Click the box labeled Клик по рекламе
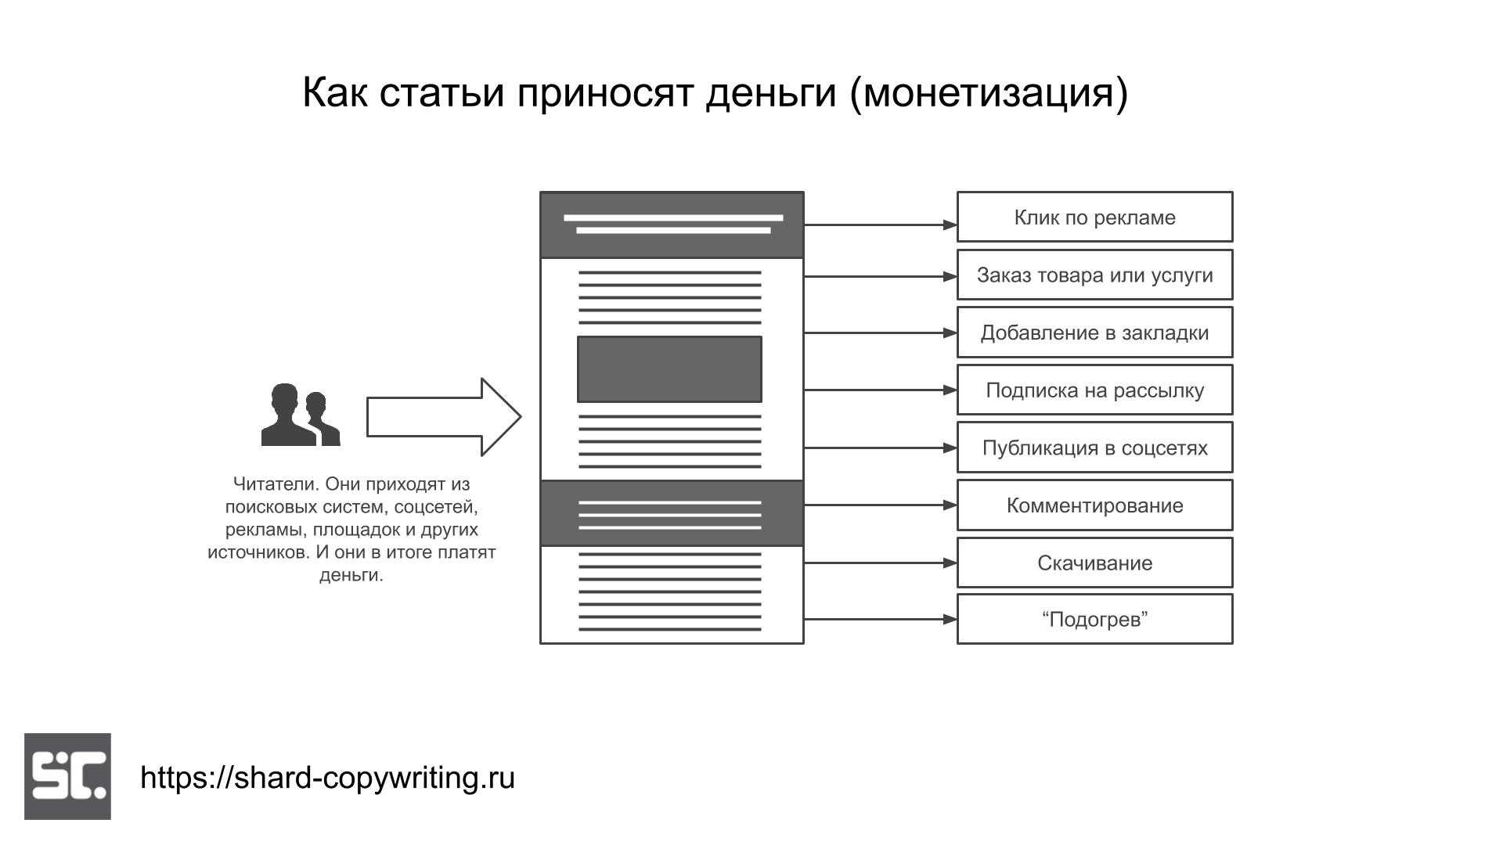(x=1094, y=217)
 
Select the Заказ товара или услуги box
(x=1094, y=275)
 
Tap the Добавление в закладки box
(x=1094, y=333)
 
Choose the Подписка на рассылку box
(x=1094, y=390)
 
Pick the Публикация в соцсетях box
(x=1094, y=448)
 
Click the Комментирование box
(x=1094, y=505)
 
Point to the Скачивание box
(x=1094, y=563)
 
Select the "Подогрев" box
(x=1094, y=619)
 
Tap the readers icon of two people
(x=300, y=415)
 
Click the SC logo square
(x=67, y=776)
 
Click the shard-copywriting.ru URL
(x=327, y=778)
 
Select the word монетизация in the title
(x=989, y=93)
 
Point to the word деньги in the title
(x=771, y=93)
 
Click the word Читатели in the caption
(x=276, y=484)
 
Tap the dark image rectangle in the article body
(x=669, y=369)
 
